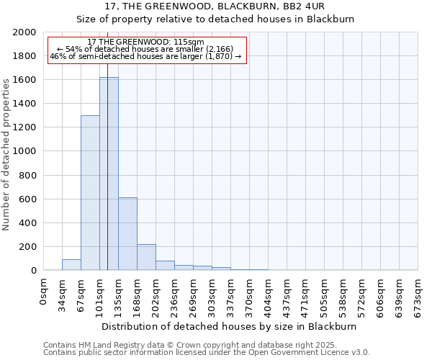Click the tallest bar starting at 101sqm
point(109,174)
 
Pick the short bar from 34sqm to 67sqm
point(71,265)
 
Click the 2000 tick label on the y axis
point(24,32)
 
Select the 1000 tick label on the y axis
point(24,151)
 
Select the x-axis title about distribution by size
point(230,326)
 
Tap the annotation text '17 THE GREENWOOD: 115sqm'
point(145,42)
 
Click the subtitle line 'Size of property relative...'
point(215,19)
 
